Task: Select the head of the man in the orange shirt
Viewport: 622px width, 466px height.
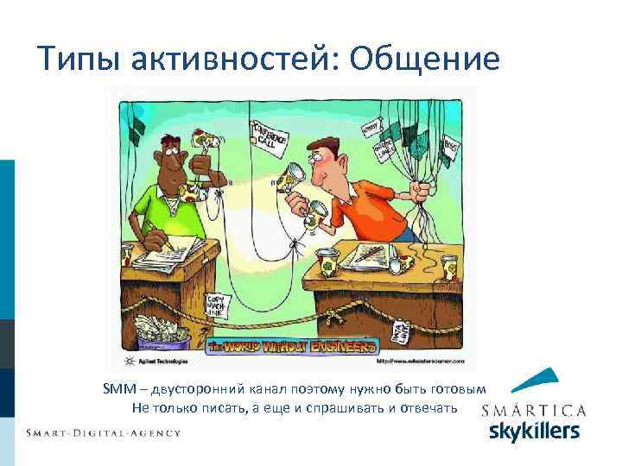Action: click(x=333, y=154)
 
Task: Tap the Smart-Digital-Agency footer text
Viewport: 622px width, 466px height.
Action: click(x=103, y=432)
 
